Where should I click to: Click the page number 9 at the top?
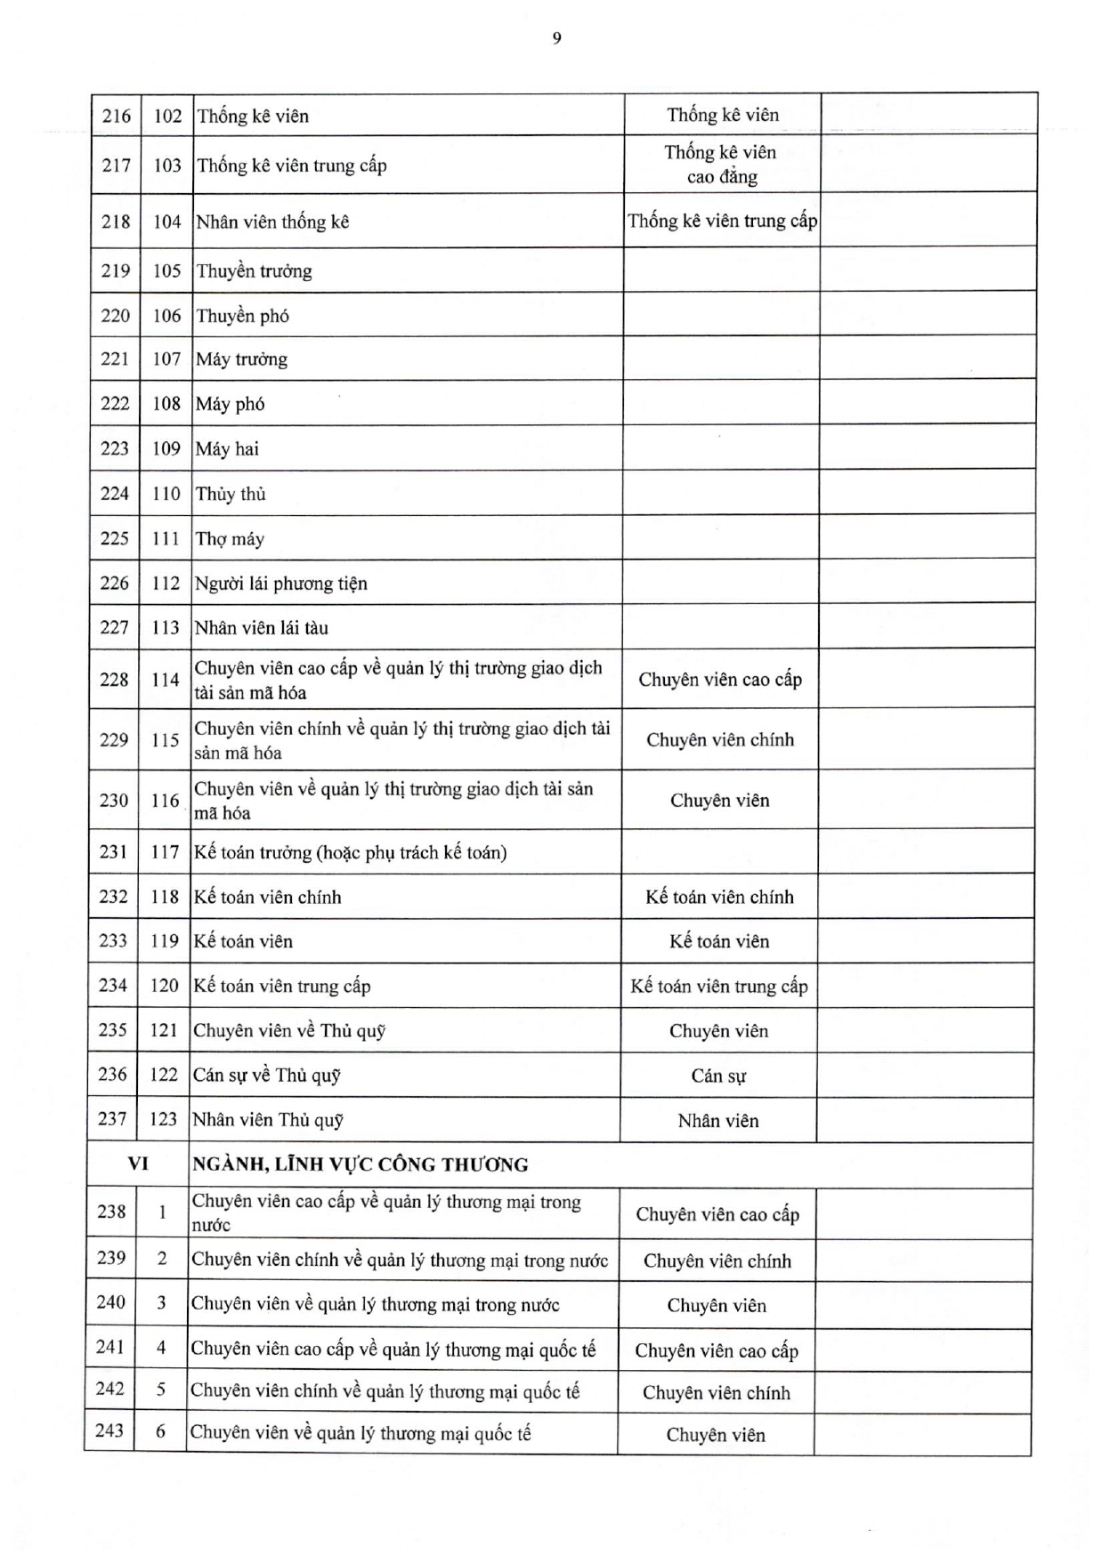click(x=556, y=38)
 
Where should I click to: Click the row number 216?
click(x=116, y=116)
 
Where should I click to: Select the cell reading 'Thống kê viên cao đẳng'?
click(x=720, y=165)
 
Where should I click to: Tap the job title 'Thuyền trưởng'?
click(x=254, y=271)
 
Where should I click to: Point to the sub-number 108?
click(x=166, y=404)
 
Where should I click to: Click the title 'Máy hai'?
click(x=227, y=449)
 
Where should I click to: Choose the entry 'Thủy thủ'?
click(x=231, y=494)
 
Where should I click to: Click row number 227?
click(x=114, y=628)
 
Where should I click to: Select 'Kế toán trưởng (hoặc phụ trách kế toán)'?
click(x=351, y=852)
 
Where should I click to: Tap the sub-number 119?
click(x=165, y=941)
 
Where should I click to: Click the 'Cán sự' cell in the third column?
click(x=718, y=1076)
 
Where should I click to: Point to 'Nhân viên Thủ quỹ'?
click(x=268, y=1120)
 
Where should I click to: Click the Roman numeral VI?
click(x=138, y=1164)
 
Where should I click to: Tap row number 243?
click(x=109, y=1430)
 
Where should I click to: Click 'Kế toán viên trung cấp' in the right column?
click(x=719, y=986)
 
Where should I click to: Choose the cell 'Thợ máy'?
click(x=230, y=539)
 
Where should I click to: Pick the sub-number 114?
click(x=165, y=680)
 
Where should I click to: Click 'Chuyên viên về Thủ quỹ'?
click(x=289, y=1031)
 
